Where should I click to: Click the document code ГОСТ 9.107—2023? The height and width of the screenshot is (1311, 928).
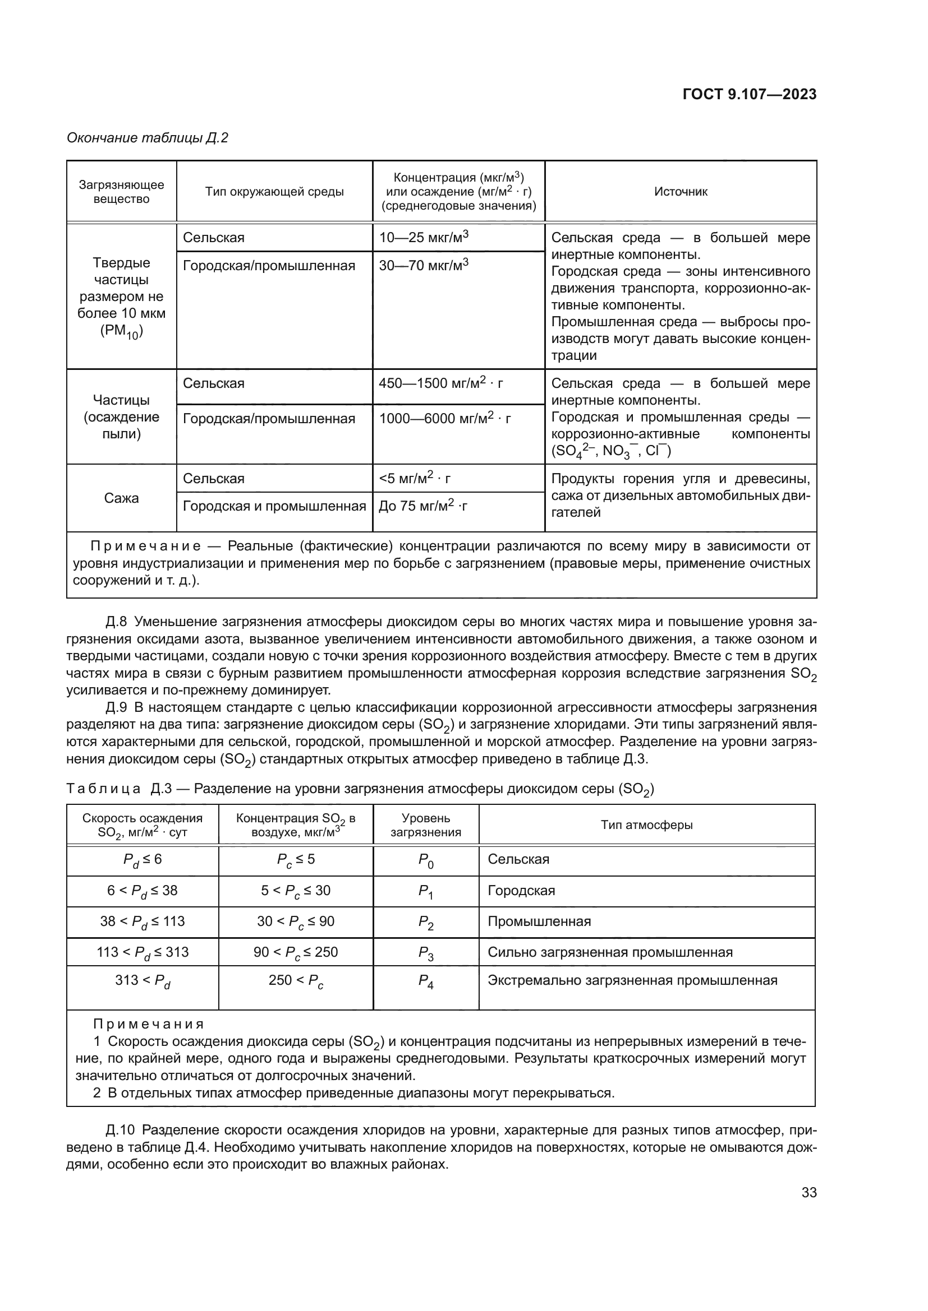pos(749,95)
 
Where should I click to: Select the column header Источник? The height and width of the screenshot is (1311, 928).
pos(680,192)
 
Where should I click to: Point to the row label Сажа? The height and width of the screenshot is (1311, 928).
pos(121,498)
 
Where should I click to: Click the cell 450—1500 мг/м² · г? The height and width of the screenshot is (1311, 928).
pos(440,383)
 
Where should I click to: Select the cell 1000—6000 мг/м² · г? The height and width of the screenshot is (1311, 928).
pos(444,419)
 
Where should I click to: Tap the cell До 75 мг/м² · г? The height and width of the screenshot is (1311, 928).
pos(423,507)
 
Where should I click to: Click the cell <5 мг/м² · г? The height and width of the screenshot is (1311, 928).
pos(414,479)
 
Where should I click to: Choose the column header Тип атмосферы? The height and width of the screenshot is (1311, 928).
pos(646,824)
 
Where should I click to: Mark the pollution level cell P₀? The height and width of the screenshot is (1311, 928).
pos(426,860)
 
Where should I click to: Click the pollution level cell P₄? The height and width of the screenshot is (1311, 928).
pos(426,982)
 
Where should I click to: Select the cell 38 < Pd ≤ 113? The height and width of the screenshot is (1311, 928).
pos(143,921)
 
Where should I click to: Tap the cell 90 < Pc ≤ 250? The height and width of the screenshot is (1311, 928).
pos(296,952)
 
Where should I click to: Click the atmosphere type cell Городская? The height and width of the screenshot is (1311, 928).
pos(521,891)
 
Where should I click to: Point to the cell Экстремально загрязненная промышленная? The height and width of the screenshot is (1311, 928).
pos(632,981)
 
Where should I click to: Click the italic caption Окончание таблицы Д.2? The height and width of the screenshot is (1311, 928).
pos(148,138)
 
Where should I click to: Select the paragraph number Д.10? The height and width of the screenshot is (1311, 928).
pos(120,1129)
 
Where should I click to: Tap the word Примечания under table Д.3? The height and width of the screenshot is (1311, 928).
pos(149,1025)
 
